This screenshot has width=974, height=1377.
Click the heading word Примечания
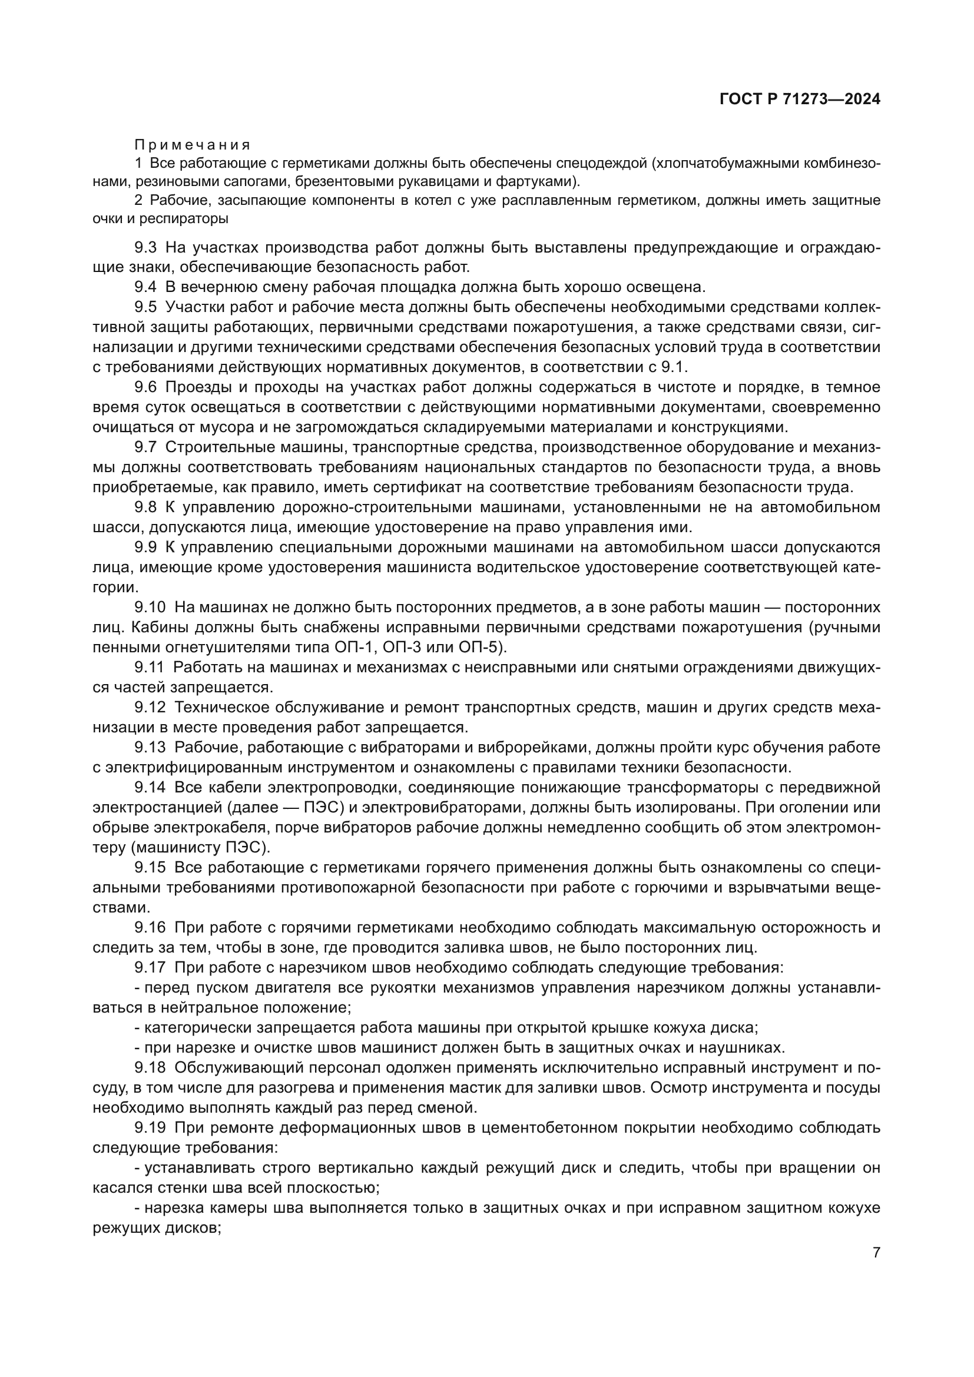point(192,145)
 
